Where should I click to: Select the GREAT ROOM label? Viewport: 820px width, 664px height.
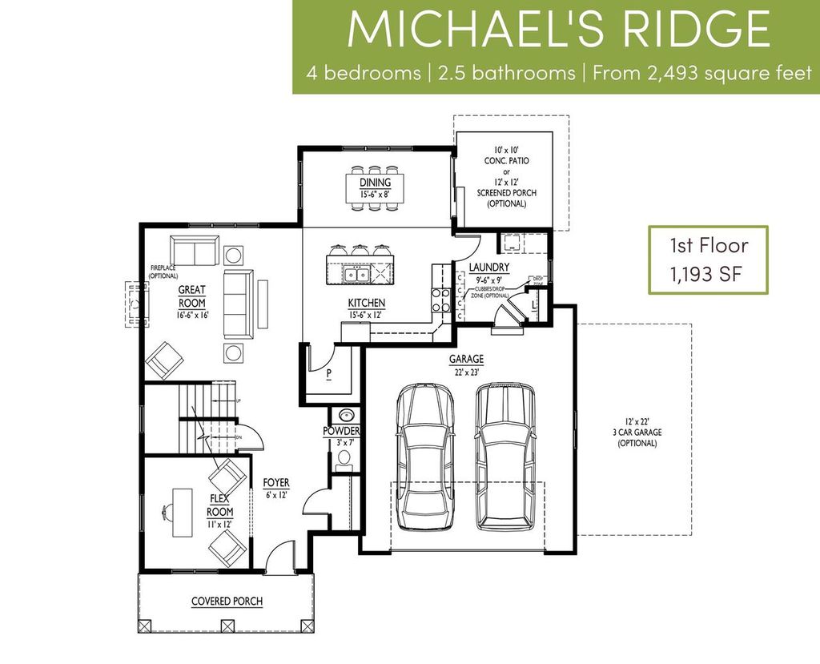pos(192,297)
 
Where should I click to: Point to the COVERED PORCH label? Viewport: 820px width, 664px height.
pos(227,602)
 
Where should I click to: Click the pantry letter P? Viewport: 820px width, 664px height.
pos(329,373)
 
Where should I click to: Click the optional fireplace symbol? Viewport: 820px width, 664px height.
pos(134,304)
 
